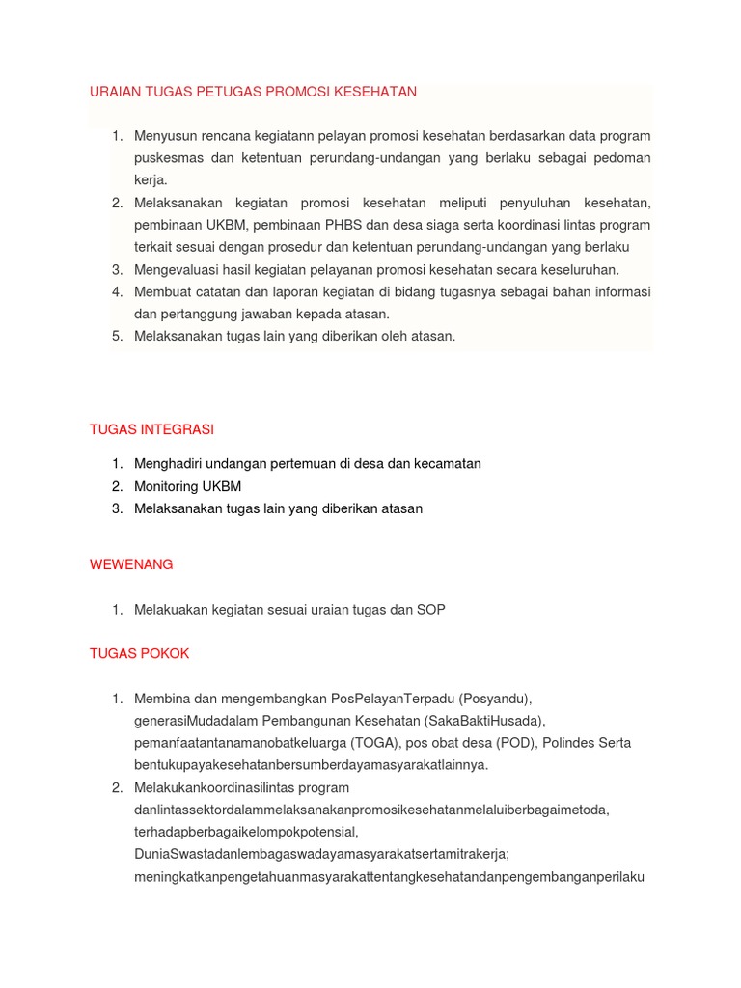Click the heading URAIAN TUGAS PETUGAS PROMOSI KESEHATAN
point(253,92)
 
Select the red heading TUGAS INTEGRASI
point(151,428)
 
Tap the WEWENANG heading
point(131,564)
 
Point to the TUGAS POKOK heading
point(139,653)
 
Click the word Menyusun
point(164,135)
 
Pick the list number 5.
point(116,336)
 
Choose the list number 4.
point(116,291)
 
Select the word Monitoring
point(166,486)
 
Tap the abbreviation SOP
point(431,610)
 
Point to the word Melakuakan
point(170,610)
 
